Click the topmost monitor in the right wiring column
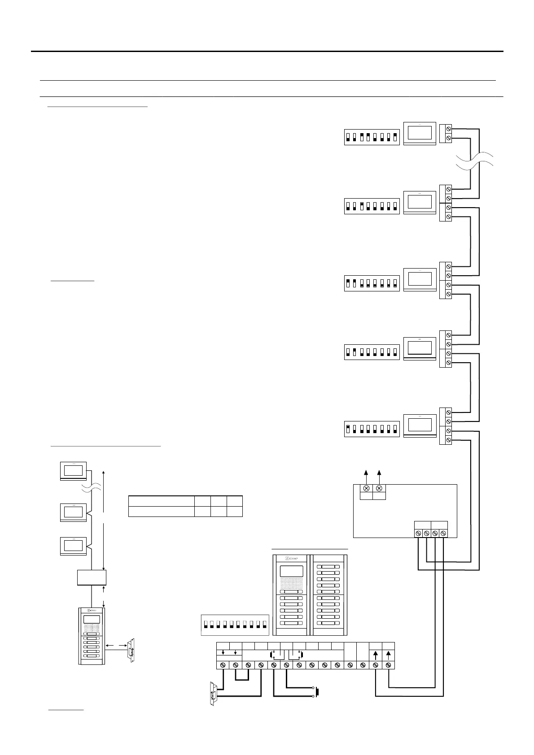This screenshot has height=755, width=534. (420, 133)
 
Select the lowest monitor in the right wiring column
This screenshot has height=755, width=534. (420, 425)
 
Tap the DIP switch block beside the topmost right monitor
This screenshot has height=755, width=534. (372, 136)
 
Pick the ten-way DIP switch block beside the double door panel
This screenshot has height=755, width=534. (234, 625)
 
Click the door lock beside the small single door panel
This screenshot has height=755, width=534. (131, 651)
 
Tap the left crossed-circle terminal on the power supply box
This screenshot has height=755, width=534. (366, 488)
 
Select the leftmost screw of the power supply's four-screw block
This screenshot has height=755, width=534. (418, 533)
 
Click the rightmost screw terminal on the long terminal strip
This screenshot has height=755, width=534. (388, 664)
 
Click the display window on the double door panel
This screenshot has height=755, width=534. (291, 571)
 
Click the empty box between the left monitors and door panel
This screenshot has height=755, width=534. (92, 577)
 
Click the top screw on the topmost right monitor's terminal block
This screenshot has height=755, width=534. (448, 129)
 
